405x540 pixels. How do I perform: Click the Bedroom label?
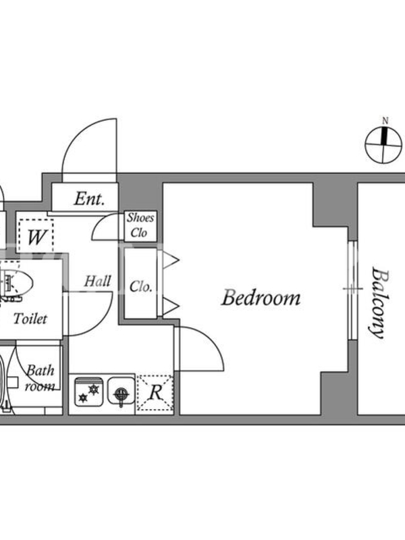[261, 298]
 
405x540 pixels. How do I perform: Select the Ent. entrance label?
[89, 198]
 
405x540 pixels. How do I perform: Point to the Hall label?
[98, 281]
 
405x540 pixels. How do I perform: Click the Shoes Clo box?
[140, 225]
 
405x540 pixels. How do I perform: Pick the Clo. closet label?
[140, 286]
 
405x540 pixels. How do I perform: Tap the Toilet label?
[30, 319]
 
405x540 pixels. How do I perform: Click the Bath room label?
[40, 378]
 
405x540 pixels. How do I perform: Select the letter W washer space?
[36, 237]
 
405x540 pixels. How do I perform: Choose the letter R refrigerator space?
[156, 392]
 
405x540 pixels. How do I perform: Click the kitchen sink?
[121, 391]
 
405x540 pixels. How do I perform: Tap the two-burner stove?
[88, 392]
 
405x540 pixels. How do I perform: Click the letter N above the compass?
[385, 121]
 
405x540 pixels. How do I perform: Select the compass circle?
[383, 145]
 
